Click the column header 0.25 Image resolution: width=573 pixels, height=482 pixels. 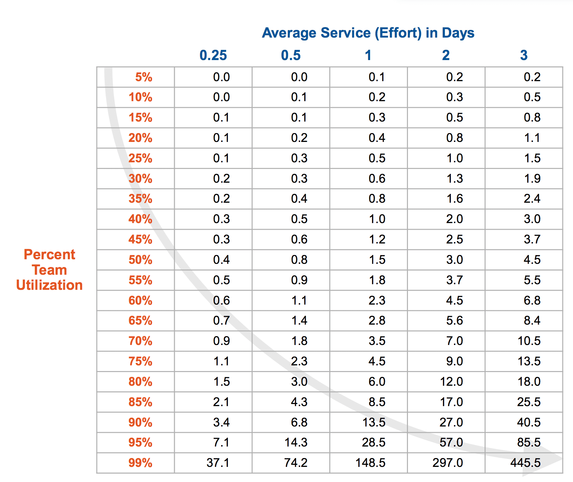coord(213,56)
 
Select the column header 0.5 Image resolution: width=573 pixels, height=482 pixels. coord(291,56)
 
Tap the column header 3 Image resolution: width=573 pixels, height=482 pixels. coord(523,56)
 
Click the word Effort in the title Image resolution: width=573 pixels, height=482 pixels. coord(398,33)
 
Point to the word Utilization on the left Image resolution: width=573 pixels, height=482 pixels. coord(50,285)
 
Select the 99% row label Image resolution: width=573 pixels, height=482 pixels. coord(140,463)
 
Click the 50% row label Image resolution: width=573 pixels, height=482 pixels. coord(140,260)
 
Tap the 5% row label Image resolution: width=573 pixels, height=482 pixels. coord(144,77)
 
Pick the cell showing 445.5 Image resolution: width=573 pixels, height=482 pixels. coord(525,463)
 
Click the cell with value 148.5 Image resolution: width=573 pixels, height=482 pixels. coord(370,463)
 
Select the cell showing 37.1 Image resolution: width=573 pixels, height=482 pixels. coord(218,463)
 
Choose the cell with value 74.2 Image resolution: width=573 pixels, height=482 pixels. coord(296,463)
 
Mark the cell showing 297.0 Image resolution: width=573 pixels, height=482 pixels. coord(448,463)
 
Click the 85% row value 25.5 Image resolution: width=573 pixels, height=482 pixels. coord(529,402)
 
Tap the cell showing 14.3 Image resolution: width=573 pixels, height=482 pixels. coord(296,442)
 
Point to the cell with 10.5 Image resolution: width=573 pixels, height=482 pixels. coord(529,341)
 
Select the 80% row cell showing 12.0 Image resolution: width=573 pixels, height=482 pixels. coord(451,382)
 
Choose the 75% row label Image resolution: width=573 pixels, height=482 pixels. coord(140,361)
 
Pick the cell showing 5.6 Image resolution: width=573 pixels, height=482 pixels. coord(454,320)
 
